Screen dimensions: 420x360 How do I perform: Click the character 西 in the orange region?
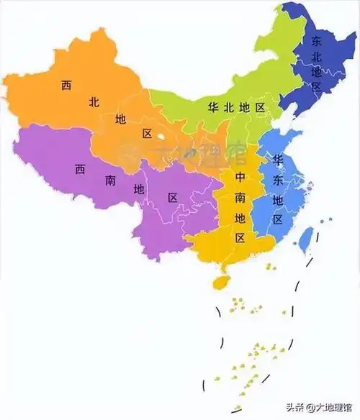(66, 86)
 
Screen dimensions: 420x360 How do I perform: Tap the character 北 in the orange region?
(94, 102)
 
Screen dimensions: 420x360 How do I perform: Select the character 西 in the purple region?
(80, 170)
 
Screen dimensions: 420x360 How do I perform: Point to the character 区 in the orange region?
(148, 134)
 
